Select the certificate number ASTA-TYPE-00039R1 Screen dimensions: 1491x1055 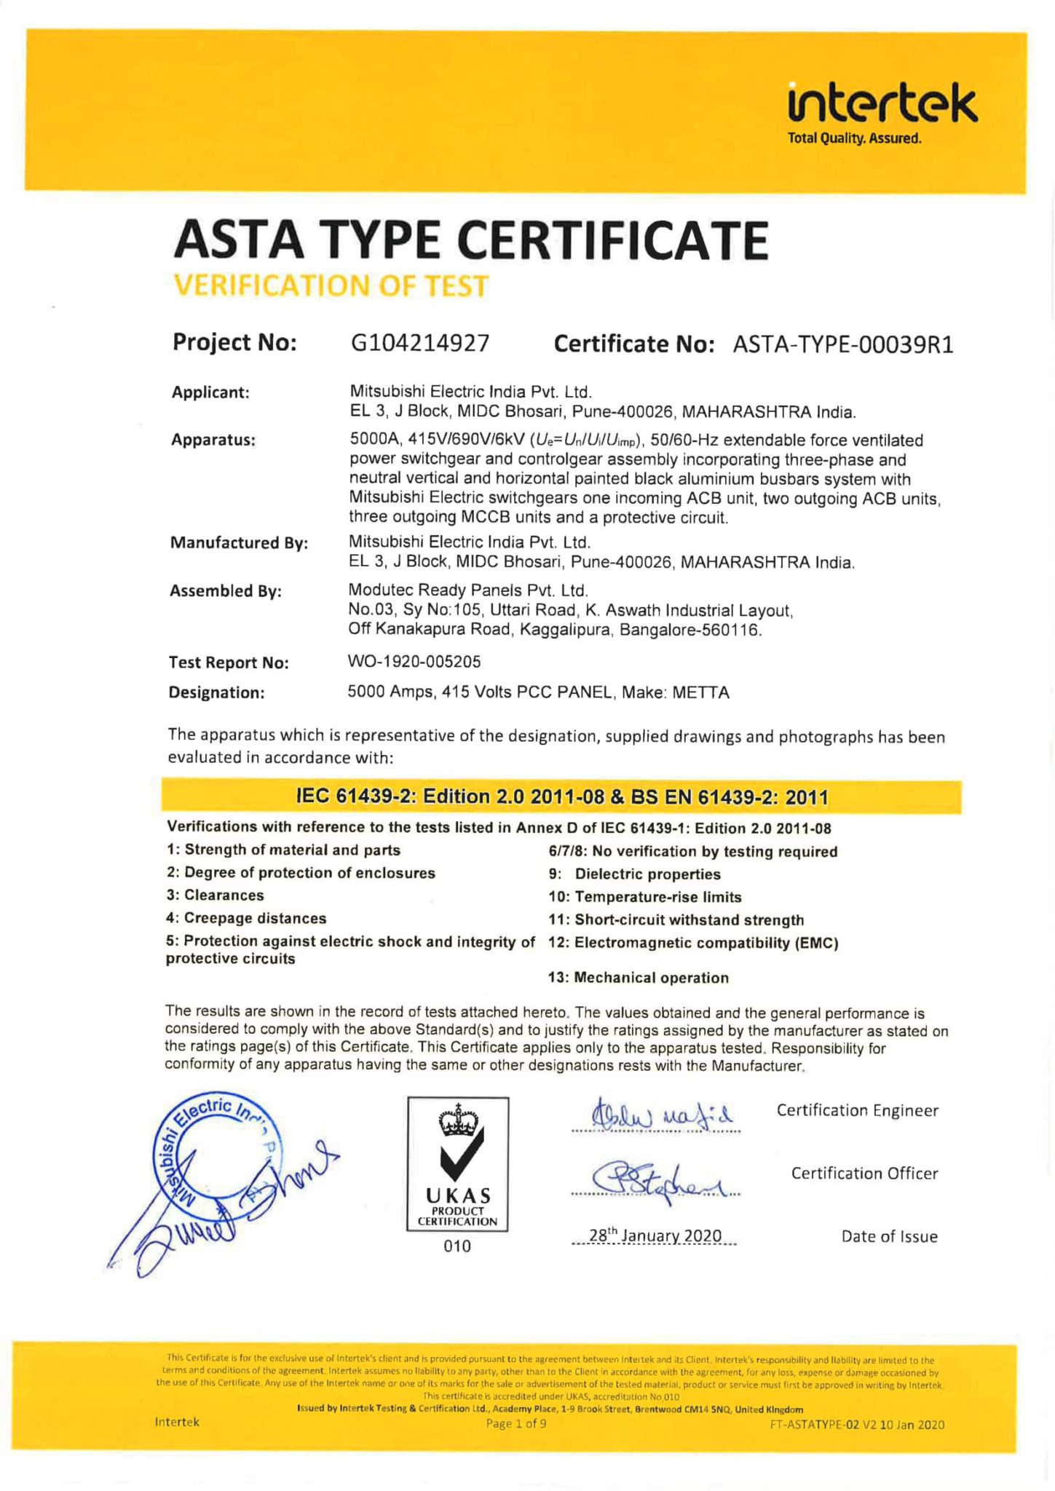click(842, 344)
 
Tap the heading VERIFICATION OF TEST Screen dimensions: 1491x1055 click(331, 285)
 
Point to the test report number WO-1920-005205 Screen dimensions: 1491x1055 click(414, 662)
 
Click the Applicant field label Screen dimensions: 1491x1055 click(210, 393)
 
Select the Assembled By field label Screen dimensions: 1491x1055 click(226, 591)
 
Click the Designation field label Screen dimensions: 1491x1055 click(216, 692)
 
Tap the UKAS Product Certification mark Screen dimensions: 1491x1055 click(457, 1163)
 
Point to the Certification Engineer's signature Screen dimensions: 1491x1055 click(655, 1115)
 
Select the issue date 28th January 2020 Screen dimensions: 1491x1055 click(655, 1236)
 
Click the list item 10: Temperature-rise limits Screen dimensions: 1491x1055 click(644, 897)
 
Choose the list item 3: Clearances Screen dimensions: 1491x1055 click(215, 895)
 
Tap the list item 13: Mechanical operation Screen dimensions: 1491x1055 click(638, 978)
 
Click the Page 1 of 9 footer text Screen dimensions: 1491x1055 click(515, 1423)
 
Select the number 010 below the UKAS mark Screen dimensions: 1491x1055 click(457, 1246)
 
